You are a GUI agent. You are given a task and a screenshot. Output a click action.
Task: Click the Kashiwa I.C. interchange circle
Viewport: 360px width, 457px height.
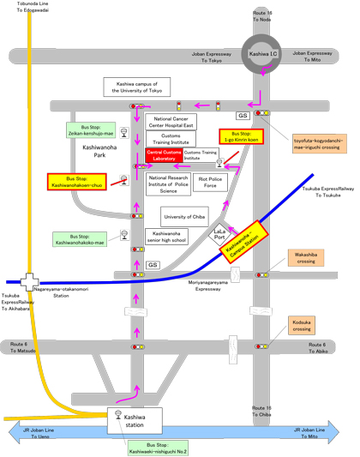[x=259, y=54]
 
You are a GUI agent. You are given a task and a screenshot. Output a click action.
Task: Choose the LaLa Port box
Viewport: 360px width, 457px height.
[x=219, y=237]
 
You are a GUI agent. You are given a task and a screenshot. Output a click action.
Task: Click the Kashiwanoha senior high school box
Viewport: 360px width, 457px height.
[x=166, y=237]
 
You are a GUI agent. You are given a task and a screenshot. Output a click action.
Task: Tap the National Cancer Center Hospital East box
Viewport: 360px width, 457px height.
[x=173, y=121]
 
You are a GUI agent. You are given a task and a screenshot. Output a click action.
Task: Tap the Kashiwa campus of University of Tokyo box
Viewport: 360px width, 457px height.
[x=146, y=86]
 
